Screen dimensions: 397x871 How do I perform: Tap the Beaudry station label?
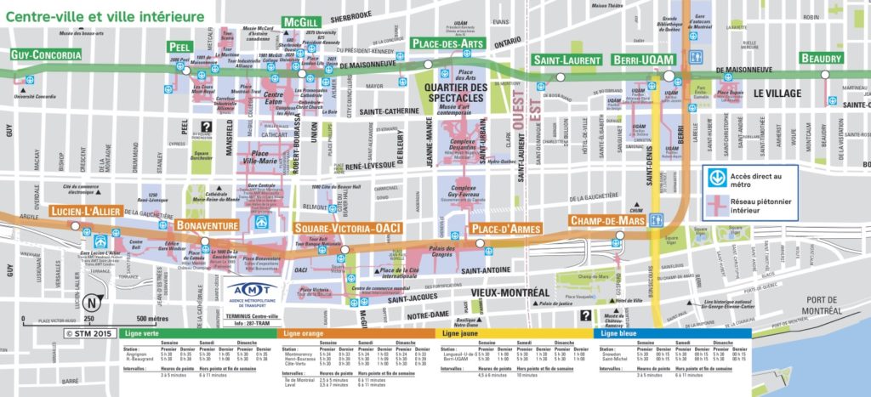(823, 59)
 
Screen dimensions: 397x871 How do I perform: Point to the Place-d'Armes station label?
(504, 229)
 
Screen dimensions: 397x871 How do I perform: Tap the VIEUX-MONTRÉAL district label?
(509, 292)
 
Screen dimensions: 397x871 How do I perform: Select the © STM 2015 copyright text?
(88, 333)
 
